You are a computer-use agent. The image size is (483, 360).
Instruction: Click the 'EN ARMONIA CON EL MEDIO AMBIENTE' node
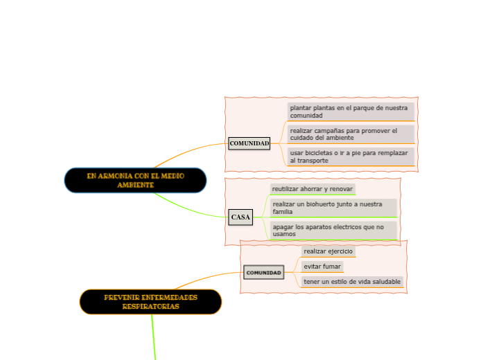(135, 180)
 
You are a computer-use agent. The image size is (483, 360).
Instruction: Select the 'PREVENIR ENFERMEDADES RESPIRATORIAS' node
(150, 302)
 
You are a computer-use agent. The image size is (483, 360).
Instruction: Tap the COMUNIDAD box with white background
(249, 143)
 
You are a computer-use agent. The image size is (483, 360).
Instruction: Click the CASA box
(240, 217)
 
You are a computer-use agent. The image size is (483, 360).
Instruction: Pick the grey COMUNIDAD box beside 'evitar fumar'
(263, 273)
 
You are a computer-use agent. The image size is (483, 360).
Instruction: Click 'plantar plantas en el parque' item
(351, 111)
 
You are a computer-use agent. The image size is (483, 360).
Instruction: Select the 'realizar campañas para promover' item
(351, 134)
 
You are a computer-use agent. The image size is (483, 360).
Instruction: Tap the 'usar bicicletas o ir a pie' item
(351, 156)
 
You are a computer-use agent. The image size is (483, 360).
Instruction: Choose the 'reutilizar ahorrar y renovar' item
(313, 189)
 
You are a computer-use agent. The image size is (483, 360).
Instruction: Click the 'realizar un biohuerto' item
(333, 208)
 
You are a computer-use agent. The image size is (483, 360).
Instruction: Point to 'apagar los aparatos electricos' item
(333, 230)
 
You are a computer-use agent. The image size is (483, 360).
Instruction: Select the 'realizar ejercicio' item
(328, 251)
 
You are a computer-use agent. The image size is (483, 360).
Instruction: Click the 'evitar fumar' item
(322, 267)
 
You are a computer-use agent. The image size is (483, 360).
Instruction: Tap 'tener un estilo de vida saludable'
(352, 282)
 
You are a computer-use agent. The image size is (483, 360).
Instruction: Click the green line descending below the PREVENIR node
(153, 339)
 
